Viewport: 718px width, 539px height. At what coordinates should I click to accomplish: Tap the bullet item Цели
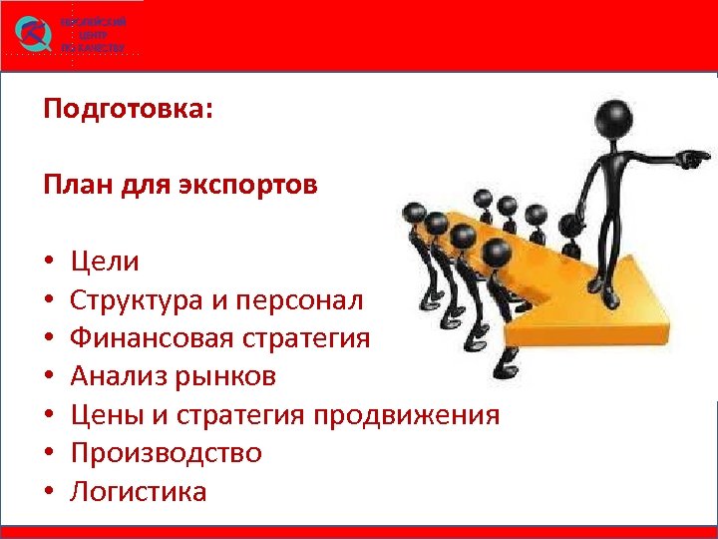click(105, 263)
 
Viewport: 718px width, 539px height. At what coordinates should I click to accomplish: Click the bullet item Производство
click(166, 453)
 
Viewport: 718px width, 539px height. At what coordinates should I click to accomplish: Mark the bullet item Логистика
click(139, 491)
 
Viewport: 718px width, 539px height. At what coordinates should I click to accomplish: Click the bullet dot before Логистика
click(48, 492)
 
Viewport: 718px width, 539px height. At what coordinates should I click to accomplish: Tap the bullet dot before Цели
click(48, 264)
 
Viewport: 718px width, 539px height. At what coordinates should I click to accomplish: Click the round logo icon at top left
click(34, 35)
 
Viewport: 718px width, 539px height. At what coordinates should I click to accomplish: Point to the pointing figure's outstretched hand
click(695, 157)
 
